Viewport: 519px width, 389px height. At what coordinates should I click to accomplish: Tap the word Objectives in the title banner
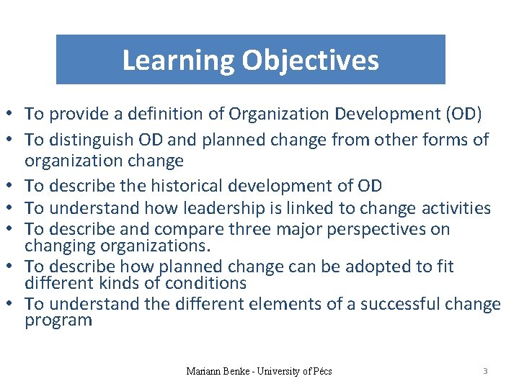311,61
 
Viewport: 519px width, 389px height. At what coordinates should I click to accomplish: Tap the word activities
453,209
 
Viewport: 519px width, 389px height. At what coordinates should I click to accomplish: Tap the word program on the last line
58,321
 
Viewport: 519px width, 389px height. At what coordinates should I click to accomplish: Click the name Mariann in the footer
203,372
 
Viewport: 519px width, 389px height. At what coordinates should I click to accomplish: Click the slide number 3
485,371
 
